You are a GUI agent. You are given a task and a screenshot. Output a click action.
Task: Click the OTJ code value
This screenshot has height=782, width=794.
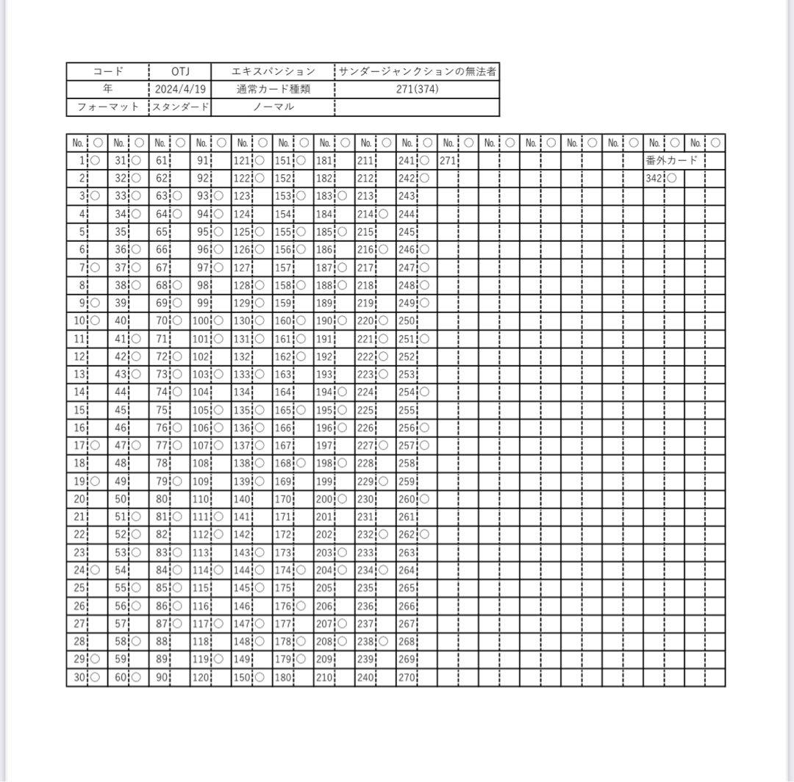(180, 71)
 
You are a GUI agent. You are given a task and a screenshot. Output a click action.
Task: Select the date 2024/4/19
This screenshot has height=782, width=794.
(180, 89)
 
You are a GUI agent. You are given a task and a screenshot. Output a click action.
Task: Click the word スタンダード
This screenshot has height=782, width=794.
(180, 107)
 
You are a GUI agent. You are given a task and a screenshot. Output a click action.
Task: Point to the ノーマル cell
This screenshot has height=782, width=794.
(273, 107)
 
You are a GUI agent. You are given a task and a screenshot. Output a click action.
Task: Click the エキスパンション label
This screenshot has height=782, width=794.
(273, 71)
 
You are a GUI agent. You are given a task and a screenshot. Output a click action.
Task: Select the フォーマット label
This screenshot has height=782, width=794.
(108, 107)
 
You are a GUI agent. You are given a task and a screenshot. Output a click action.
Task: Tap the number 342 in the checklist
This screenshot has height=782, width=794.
(654, 178)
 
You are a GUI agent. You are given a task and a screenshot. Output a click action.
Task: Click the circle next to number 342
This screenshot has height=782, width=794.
(672, 178)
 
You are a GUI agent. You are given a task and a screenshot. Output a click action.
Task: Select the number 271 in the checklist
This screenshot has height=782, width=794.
(448, 160)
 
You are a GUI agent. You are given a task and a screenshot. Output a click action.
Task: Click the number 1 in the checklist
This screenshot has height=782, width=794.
(83, 160)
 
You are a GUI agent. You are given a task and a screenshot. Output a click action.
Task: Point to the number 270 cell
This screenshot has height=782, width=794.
(407, 678)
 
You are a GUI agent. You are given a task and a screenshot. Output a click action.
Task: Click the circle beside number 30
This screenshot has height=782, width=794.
(95, 678)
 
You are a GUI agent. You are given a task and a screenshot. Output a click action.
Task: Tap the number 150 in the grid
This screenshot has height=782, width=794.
(242, 678)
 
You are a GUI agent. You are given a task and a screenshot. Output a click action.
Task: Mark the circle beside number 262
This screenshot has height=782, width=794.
(425, 534)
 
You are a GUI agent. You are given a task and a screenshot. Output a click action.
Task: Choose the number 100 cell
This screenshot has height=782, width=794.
(201, 320)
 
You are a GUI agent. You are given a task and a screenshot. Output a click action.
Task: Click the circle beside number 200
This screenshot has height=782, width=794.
(342, 498)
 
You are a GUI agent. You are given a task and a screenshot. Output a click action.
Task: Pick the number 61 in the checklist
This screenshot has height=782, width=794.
(162, 160)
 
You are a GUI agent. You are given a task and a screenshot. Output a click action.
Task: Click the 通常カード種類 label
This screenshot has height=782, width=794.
(273, 89)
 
